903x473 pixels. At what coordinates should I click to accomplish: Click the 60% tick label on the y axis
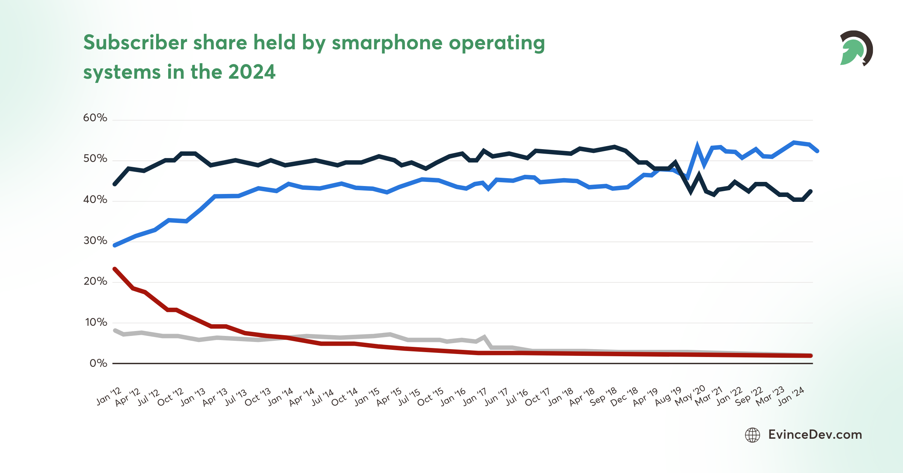coord(95,118)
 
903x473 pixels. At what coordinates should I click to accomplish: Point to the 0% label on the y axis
coord(98,363)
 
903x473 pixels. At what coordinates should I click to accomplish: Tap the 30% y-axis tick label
coord(95,241)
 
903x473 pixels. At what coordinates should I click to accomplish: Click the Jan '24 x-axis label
coord(791,396)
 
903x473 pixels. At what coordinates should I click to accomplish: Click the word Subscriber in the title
coord(135,43)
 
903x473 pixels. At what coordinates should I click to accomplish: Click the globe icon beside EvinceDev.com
coord(752,435)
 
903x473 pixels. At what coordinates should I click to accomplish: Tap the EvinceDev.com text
coord(815,435)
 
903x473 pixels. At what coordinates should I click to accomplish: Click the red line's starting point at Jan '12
coord(115,269)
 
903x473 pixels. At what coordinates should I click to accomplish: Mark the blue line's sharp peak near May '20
coord(697,146)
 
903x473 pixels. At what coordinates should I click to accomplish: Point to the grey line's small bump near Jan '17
coord(485,337)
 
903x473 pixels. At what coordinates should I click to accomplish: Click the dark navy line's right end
coord(810,191)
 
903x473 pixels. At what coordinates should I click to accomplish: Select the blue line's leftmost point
coord(115,245)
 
